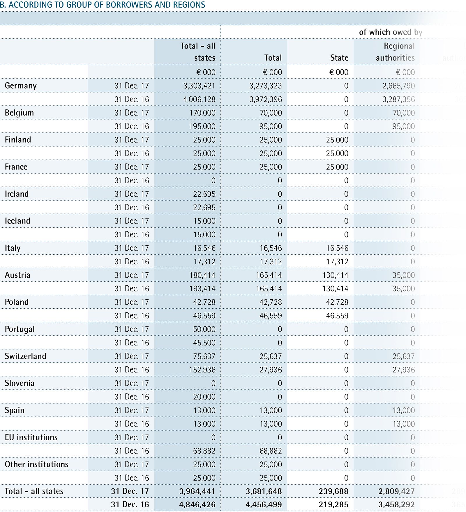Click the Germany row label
[x=21, y=86]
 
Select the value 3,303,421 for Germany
[x=199, y=86]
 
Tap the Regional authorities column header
[x=395, y=52]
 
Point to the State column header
[x=339, y=58]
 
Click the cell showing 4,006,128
[x=199, y=99]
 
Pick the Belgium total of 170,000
[x=202, y=113]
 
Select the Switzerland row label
[x=26, y=356]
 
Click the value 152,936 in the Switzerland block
[x=202, y=370]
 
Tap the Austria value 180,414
[x=202, y=275]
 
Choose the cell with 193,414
[x=202, y=289]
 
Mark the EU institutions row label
[x=31, y=437]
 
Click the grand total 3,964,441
[x=197, y=491]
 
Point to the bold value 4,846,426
[x=197, y=505]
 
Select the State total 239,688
[x=333, y=491]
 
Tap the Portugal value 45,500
[x=204, y=343]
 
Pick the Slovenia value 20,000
[x=204, y=397]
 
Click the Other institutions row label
[x=36, y=464]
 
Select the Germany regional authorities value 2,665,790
[x=398, y=86]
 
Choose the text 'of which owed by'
[x=390, y=32]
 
